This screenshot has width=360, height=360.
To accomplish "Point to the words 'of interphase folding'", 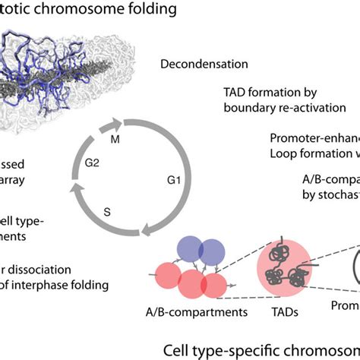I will (54, 285).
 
